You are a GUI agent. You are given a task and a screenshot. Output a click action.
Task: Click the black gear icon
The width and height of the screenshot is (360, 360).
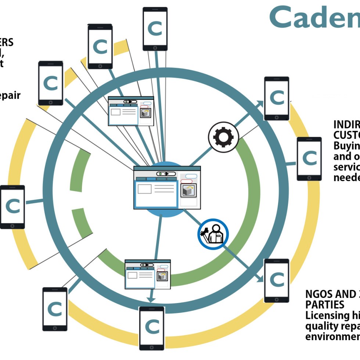click(x=223, y=137)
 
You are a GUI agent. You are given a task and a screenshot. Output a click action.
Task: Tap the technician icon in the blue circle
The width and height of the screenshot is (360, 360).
click(x=213, y=234)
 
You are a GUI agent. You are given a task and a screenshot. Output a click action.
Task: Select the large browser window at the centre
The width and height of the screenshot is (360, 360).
click(x=167, y=188)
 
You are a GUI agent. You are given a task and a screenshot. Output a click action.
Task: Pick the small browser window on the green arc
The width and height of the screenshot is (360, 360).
click(x=148, y=274)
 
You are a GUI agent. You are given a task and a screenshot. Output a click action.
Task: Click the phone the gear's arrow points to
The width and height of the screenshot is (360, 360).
click(x=277, y=98)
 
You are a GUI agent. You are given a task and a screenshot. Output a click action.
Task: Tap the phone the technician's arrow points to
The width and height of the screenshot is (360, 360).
click(x=277, y=280)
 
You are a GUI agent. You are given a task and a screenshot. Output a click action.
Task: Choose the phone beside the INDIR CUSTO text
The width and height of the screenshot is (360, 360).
click(x=309, y=159)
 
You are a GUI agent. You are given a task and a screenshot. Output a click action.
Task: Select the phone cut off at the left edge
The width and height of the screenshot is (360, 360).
click(x=12, y=207)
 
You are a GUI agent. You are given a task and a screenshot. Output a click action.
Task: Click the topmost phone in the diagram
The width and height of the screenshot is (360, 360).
click(x=155, y=29)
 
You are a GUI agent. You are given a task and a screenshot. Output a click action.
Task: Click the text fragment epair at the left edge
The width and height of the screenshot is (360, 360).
click(x=10, y=96)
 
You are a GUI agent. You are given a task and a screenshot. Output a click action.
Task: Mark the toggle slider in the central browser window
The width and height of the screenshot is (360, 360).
click(x=166, y=173)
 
